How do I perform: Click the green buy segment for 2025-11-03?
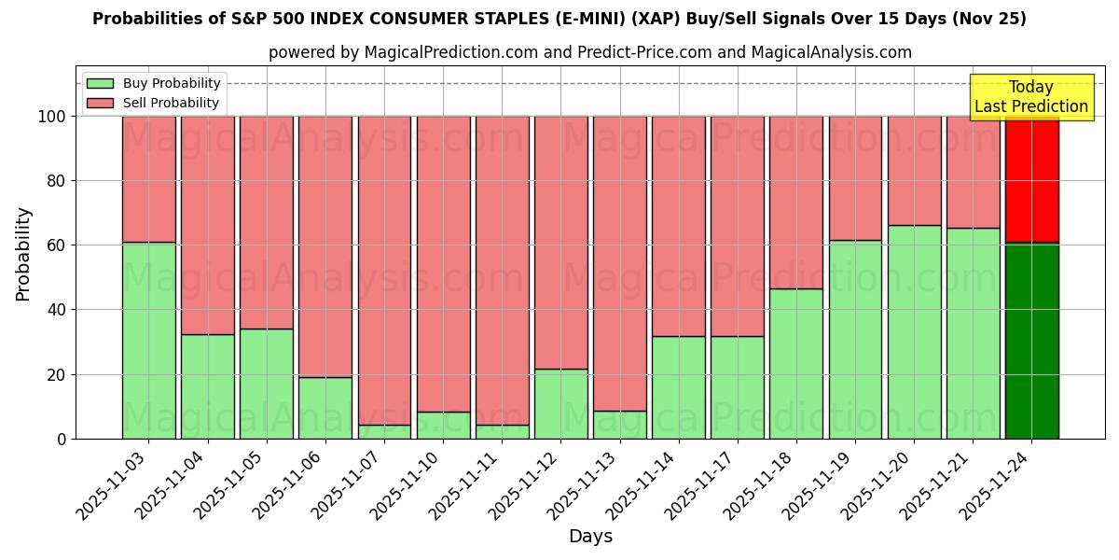point(148,341)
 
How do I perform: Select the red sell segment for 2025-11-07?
point(384,271)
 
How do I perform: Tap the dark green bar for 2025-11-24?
point(1031,341)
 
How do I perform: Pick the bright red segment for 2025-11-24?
point(1031,179)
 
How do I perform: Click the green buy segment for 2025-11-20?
point(914,331)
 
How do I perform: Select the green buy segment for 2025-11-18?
point(796,363)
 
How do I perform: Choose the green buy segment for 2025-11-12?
point(560,403)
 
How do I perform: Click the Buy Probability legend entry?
point(154,84)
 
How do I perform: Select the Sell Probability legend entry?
point(154,104)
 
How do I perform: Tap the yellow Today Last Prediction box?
point(1030,97)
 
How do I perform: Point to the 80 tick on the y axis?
point(55,181)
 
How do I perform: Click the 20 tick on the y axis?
point(55,374)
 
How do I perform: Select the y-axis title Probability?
point(24,254)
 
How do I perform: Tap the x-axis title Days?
point(590,537)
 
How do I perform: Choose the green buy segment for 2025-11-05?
point(266,384)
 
